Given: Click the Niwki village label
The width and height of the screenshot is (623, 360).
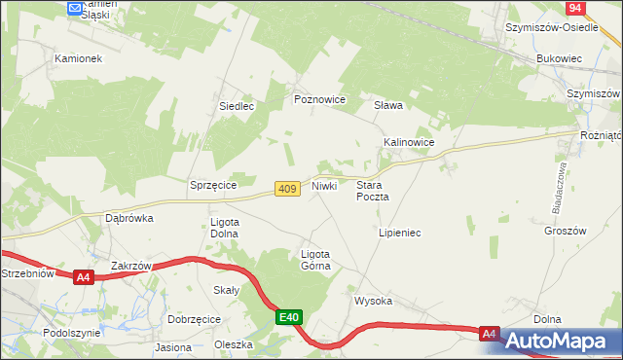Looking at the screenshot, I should pyautogui.click(x=325, y=185).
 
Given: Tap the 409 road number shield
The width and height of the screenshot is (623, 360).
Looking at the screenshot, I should pyautogui.click(x=285, y=189).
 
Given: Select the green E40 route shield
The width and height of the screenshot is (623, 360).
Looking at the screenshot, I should pyautogui.click(x=289, y=317).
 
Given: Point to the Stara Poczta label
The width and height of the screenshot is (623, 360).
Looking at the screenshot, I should pyautogui.click(x=373, y=190).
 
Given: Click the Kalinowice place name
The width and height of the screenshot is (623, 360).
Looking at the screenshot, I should pyautogui.click(x=408, y=142).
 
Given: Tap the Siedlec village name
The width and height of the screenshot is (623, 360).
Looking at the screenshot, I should pyautogui.click(x=237, y=106).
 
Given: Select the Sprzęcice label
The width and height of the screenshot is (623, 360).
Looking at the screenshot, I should pyautogui.click(x=214, y=184).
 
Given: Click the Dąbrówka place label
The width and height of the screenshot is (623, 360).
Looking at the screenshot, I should pyautogui.click(x=129, y=219).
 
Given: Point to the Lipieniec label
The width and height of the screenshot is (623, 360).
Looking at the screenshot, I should pyautogui.click(x=398, y=234).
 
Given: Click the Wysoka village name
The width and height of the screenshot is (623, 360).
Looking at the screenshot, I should pyautogui.click(x=373, y=301).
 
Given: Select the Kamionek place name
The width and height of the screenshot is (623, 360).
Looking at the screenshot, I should pyautogui.click(x=79, y=58).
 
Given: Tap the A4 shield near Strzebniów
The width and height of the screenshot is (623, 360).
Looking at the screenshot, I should pyautogui.click(x=83, y=277).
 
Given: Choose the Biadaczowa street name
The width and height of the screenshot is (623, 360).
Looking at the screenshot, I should pyautogui.click(x=559, y=188).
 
